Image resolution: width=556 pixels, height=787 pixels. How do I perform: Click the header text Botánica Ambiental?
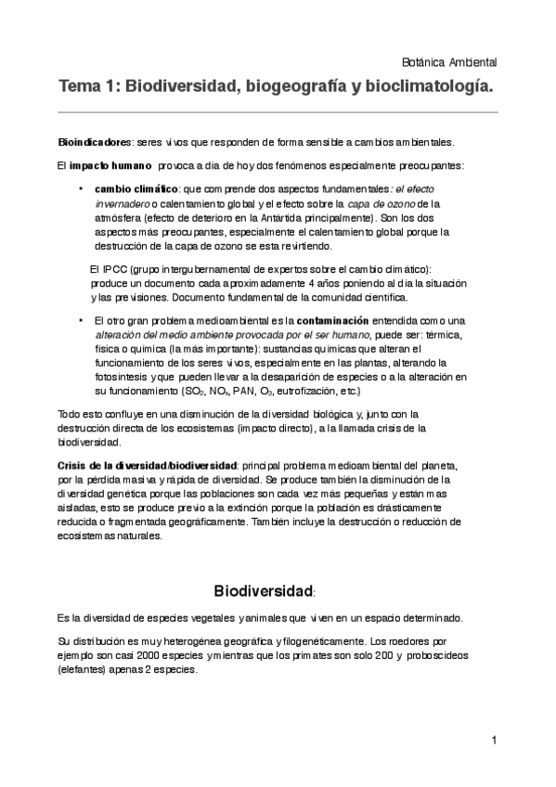(x=452, y=62)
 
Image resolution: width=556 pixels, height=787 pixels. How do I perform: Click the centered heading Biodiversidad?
(x=265, y=590)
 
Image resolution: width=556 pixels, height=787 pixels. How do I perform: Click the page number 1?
(x=496, y=740)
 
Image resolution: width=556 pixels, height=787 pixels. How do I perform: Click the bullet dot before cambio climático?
(x=82, y=188)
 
